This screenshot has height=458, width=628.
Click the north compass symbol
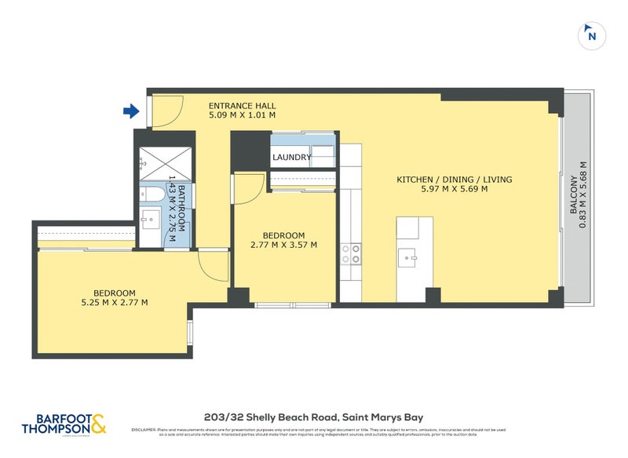591,35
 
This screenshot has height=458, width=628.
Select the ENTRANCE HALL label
242,105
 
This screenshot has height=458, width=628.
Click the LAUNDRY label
292,158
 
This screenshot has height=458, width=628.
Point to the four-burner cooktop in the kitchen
350,253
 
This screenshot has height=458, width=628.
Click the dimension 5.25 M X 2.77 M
115,302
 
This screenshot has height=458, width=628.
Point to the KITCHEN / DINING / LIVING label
454,180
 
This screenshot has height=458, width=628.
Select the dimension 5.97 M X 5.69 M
454,189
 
